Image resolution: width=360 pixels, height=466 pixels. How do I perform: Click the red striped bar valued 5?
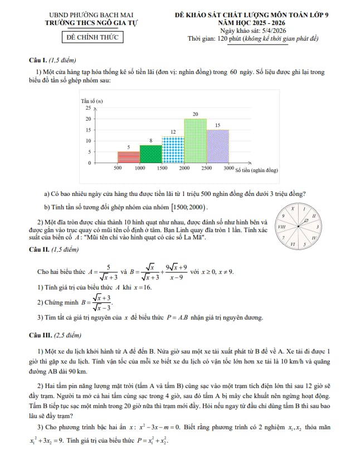point(129,157)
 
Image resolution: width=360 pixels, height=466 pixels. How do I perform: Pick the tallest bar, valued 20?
point(195,141)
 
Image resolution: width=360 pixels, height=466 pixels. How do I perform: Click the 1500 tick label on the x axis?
point(162,168)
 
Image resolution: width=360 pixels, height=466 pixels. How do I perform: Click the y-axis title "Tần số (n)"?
point(92,101)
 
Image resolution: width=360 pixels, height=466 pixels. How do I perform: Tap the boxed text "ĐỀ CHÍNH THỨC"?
point(92,38)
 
